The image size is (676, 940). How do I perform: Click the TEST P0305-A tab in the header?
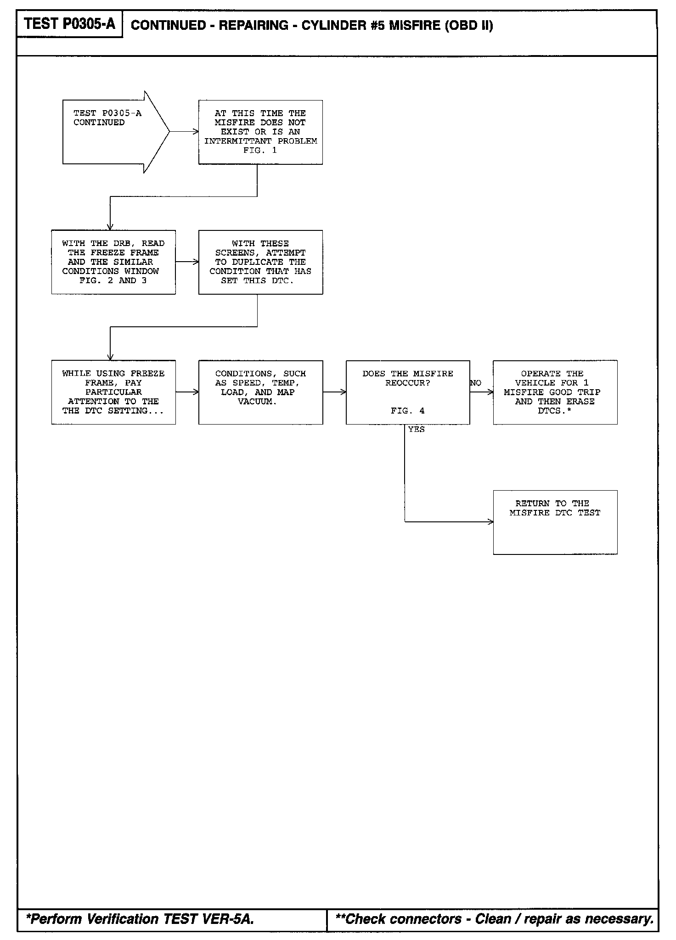(69, 24)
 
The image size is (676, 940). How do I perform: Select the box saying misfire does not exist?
(260, 132)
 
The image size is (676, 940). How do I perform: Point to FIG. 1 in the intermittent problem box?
(260, 151)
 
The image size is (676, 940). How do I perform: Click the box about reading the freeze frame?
(113, 262)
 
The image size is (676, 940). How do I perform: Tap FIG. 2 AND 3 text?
(113, 280)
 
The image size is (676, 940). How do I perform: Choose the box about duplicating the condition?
(260, 262)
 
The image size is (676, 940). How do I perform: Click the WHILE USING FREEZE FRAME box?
(113, 392)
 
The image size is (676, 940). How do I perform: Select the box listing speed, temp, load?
(260, 392)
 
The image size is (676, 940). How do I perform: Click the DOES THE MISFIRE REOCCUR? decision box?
(408, 392)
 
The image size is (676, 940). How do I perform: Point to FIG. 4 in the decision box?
(408, 411)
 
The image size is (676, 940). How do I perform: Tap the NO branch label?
(476, 383)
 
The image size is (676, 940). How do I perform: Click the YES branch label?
(417, 430)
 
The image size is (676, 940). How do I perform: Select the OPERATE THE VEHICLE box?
(555, 392)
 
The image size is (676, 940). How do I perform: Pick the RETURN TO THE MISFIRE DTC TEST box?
(555, 522)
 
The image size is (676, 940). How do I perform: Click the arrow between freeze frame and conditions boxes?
(187, 392)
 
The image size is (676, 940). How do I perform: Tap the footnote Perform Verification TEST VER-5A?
(141, 919)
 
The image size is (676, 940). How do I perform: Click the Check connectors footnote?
(494, 919)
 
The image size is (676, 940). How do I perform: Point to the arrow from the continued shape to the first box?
(184, 132)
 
